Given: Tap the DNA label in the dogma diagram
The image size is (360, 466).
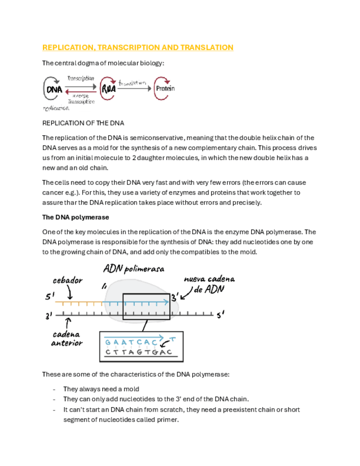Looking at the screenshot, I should tap(54, 89).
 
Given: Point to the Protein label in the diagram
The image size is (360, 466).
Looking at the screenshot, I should tap(165, 88).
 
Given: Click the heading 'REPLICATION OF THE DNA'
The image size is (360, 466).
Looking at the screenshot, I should tap(83, 123).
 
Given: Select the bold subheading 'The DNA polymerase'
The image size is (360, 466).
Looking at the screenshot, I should tap(75, 217).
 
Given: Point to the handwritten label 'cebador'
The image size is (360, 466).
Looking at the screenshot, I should tap(68, 280).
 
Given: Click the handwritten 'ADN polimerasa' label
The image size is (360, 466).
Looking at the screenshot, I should tap(134, 269).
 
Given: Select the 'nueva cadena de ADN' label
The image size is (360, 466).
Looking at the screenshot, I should tap(203, 284).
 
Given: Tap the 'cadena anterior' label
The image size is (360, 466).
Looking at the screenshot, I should tap(67, 339).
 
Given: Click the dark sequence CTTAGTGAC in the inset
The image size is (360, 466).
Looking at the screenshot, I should tap(139, 352).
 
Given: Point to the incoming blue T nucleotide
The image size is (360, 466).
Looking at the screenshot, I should tap(173, 339).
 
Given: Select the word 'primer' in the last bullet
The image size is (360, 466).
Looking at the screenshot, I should tap(168, 419).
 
